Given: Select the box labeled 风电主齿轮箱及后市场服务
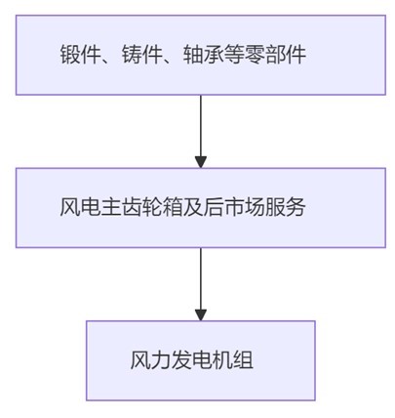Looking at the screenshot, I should tap(200, 207).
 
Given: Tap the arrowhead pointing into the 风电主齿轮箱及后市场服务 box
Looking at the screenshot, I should tap(201, 161).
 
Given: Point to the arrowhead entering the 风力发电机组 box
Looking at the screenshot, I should tap(201, 313).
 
